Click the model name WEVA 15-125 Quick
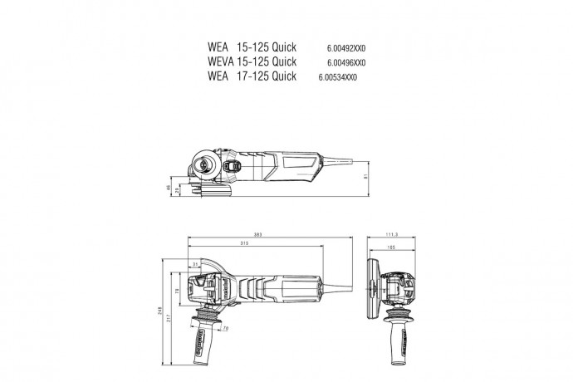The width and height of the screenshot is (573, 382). (x=251, y=62)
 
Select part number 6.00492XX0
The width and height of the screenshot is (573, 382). (x=347, y=48)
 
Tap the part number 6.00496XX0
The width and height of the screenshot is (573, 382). (x=347, y=62)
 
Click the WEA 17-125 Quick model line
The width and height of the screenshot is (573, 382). (x=251, y=76)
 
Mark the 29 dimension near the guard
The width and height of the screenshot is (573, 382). (x=178, y=191)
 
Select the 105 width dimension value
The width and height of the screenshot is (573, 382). (x=389, y=247)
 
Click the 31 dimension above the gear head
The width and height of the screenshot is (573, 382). (x=196, y=264)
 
